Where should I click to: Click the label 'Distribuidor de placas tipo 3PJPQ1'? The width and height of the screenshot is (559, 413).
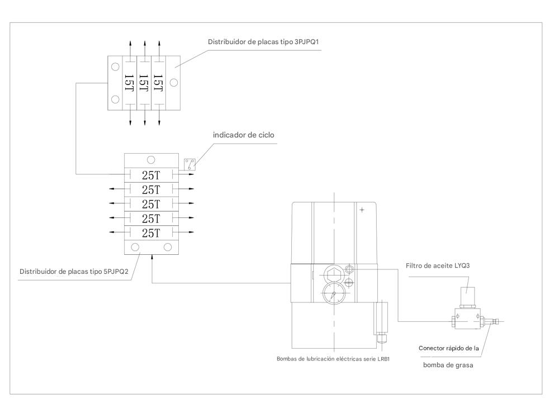click(263, 42)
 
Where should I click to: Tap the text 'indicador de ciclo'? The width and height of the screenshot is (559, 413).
click(244, 135)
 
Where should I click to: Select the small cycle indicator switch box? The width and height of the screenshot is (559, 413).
click(190, 165)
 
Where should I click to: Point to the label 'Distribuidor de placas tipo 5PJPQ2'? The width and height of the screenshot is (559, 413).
click(74, 272)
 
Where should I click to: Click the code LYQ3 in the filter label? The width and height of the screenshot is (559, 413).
click(462, 266)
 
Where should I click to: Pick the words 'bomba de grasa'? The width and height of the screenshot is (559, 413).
click(448, 365)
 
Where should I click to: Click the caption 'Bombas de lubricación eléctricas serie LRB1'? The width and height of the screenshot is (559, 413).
click(333, 359)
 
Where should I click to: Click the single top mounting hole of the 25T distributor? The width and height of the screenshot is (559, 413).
click(151, 160)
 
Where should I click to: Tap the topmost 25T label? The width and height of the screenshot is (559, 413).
click(151, 175)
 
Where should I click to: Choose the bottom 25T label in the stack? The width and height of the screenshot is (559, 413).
click(151, 233)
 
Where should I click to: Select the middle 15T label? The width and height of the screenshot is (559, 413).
click(144, 83)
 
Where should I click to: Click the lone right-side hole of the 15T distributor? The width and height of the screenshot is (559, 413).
click(174, 83)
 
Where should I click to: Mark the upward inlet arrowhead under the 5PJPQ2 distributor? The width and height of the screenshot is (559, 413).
click(152, 257)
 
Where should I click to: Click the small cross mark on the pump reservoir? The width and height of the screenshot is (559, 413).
click(362, 210)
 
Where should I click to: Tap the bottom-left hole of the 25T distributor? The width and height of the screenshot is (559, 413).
click(135, 247)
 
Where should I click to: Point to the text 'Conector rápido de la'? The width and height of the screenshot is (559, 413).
click(448, 348)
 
